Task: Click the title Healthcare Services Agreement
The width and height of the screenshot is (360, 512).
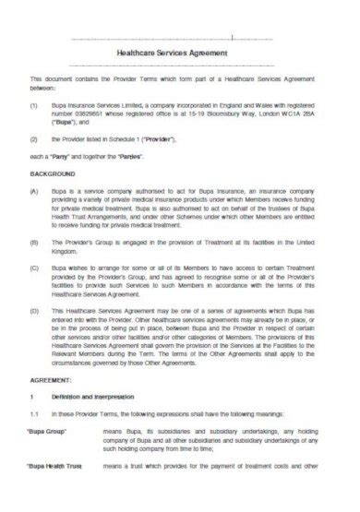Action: coord(180,54)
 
